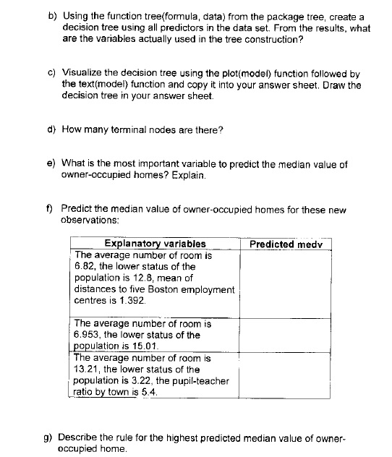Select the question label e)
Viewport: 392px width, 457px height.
point(52,164)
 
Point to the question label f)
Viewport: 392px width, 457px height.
point(52,209)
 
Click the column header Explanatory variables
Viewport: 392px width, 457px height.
point(155,244)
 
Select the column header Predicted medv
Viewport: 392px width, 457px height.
point(285,244)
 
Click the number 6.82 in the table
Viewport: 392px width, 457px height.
point(86,266)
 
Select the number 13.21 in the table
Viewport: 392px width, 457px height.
point(89,369)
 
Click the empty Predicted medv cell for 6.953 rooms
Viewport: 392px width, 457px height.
point(285,334)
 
